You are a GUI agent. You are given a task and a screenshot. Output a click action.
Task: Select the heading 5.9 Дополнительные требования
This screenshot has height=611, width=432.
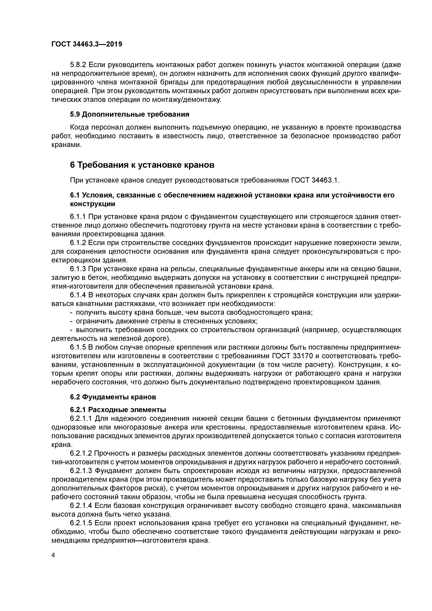click(x=130, y=114)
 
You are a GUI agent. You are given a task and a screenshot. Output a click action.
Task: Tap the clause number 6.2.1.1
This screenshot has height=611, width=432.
click(x=81, y=419)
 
